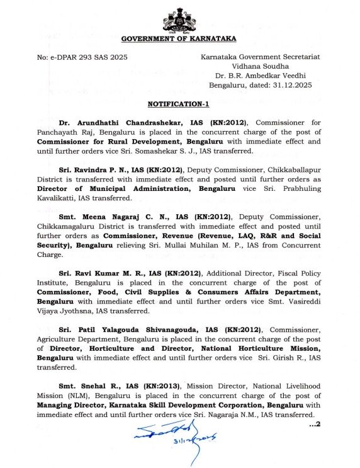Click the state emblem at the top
click(179, 20)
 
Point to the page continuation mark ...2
click(315, 423)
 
